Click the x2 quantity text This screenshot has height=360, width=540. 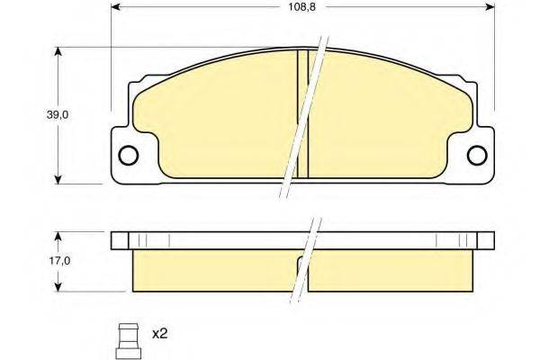coord(160,334)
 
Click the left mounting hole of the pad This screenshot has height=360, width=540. coord(128,156)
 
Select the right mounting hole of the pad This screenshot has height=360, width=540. coord(479,156)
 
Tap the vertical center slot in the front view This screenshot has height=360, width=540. coord(303,112)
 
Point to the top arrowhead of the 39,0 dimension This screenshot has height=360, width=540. coord(59,52)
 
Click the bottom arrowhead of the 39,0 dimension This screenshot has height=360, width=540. coord(59,175)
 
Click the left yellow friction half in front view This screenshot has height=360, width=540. coord(216,117)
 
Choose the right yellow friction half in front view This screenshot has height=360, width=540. coord(391,117)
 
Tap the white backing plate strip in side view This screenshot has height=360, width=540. coord(225,240)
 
